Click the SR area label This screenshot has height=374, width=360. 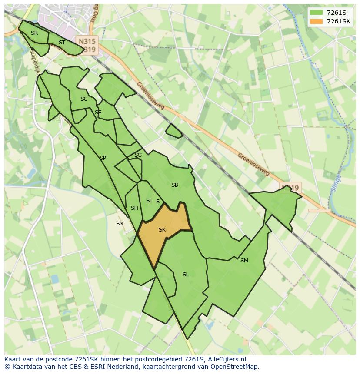[34, 33]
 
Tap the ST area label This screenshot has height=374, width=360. [62, 43]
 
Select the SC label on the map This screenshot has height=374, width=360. [84, 99]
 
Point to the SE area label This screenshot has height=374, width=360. [98, 113]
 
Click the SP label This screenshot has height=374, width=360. [103, 158]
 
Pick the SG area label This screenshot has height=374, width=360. [138, 155]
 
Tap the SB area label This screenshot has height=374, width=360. [175, 185]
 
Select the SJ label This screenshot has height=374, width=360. [149, 201]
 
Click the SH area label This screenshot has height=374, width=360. [134, 208]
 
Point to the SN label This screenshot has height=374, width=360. [120, 224]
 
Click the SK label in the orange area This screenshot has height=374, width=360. [162, 230]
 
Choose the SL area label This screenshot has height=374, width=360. [186, 275]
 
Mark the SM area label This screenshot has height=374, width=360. [244, 261]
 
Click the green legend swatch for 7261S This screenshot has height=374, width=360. [317, 13]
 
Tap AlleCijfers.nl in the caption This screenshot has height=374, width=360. [226, 359]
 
